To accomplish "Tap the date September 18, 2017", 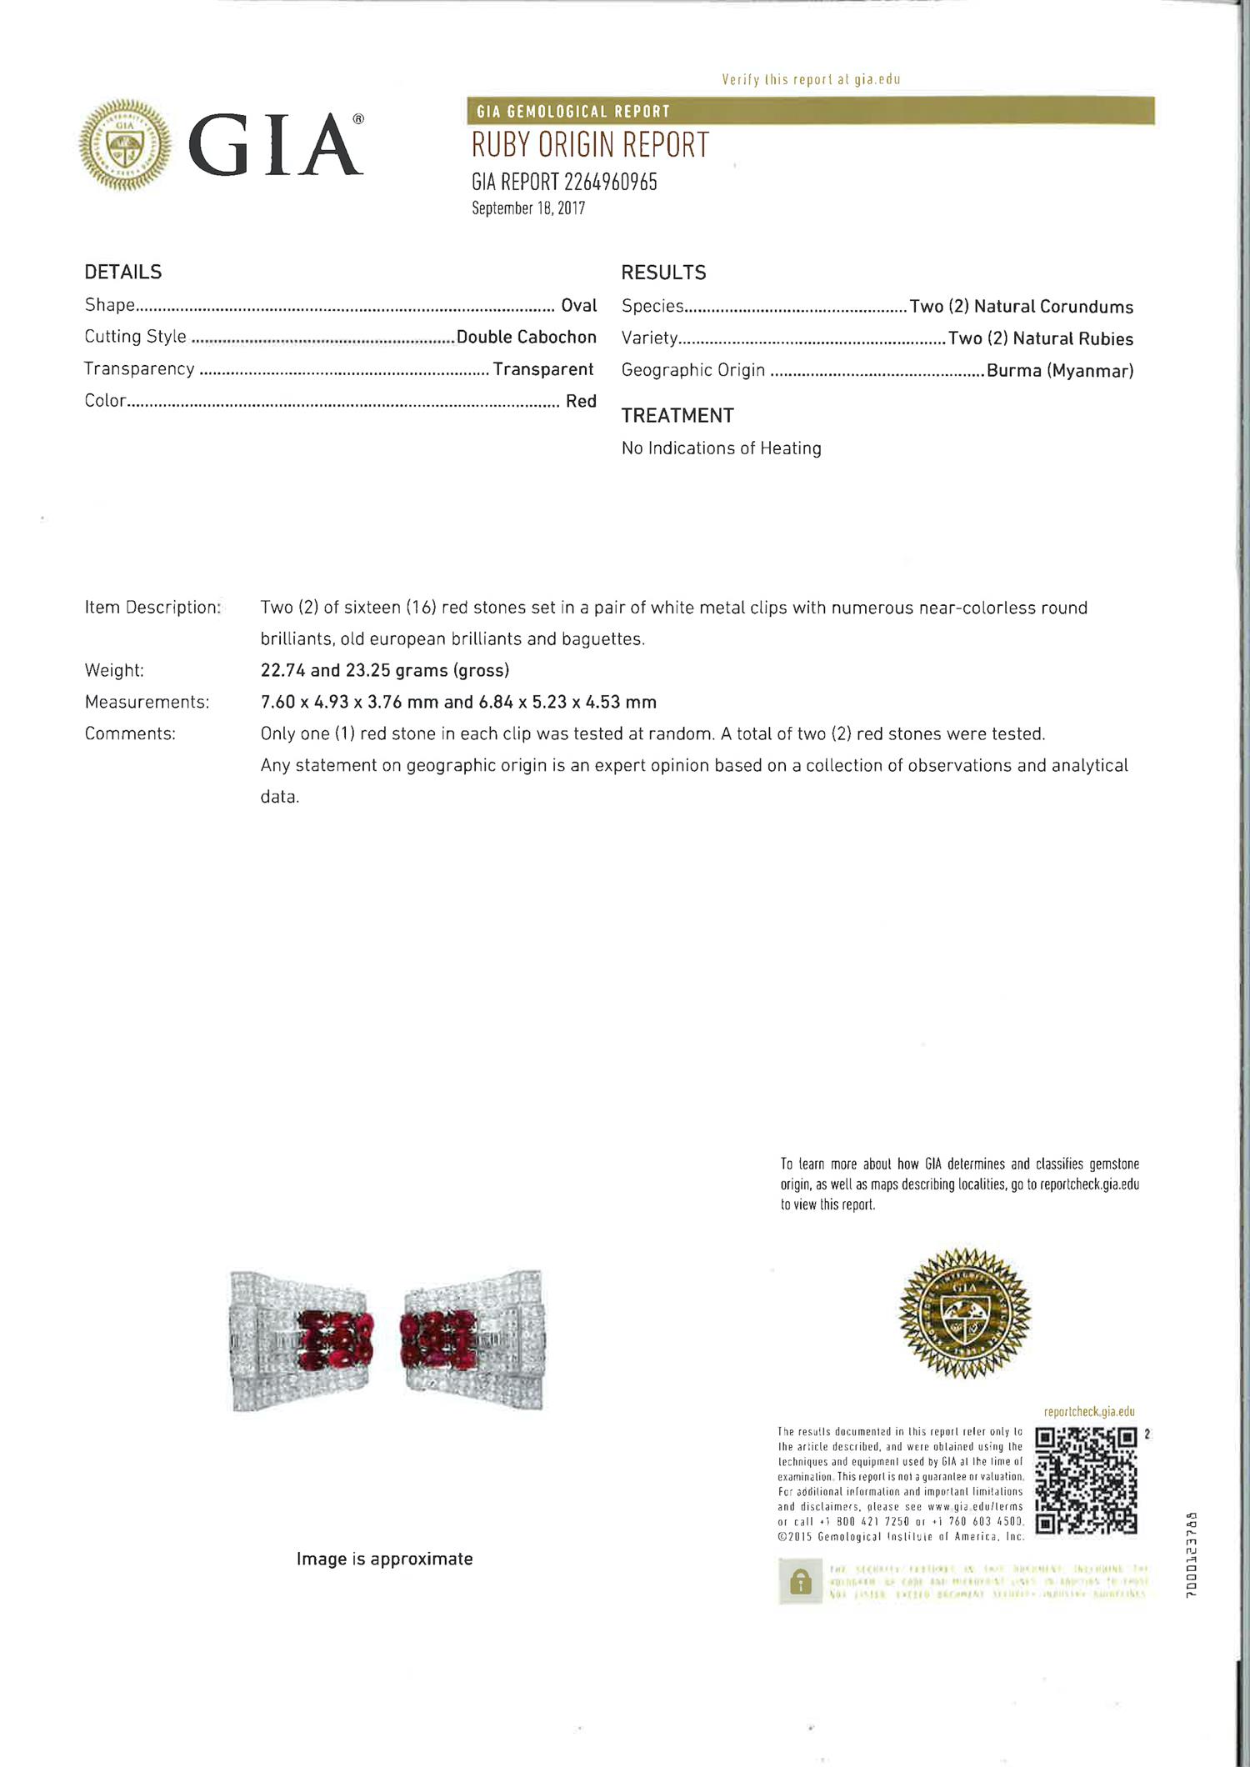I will click(528, 208).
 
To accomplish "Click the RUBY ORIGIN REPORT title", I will click(590, 145).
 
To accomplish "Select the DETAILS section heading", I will click(123, 272).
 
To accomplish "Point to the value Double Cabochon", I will click(527, 337).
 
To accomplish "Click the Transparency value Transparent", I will click(543, 369).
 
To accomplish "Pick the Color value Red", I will click(581, 401).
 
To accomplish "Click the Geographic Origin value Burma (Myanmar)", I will click(1060, 371).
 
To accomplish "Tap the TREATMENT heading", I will click(677, 415).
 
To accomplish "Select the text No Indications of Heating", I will click(721, 448).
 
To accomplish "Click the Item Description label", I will click(152, 608).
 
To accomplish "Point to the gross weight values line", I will click(384, 670).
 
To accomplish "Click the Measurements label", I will click(147, 702).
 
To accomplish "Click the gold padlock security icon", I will click(800, 1582).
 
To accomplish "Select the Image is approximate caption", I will click(384, 1559).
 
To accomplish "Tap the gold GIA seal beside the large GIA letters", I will click(125, 145).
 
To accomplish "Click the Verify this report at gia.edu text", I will click(811, 80).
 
